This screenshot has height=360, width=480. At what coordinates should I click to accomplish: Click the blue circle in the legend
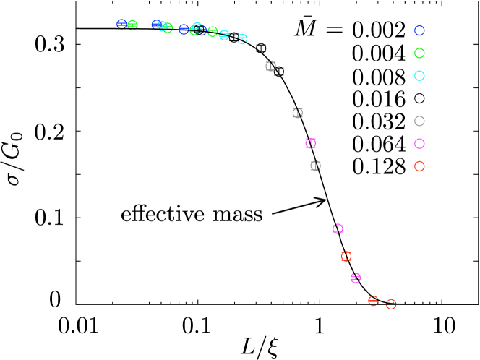click(419, 30)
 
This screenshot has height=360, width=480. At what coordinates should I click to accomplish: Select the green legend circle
click(419, 53)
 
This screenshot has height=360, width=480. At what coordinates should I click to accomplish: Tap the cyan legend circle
click(419, 76)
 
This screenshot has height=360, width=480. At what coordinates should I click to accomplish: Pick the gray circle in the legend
click(419, 121)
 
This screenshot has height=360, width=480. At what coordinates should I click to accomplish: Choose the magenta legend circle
click(419, 144)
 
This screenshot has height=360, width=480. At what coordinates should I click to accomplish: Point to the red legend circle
click(419, 166)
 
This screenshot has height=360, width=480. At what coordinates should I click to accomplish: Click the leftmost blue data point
click(121, 24)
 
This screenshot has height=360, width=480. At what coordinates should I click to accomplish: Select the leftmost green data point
click(132, 25)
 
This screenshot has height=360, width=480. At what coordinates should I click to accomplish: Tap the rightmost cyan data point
click(242, 38)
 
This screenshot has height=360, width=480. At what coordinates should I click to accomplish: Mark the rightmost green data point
click(213, 32)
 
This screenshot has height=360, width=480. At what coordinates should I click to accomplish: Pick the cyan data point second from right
click(224, 35)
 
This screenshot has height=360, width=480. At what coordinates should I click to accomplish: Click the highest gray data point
click(270, 67)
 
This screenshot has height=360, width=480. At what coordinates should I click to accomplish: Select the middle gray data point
click(297, 113)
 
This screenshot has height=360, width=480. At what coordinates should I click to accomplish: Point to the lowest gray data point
click(315, 166)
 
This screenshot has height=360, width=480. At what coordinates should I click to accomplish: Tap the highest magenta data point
click(311, 143)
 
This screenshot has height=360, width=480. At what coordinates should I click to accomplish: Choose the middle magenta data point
click(338, 229)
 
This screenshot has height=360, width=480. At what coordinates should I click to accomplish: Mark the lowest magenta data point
click(355, 278)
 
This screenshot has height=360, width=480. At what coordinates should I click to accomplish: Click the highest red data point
click(346, 256)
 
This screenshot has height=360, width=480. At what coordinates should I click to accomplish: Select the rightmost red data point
click(391, 304)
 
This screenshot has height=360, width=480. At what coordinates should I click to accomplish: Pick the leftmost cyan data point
click(162, 26)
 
